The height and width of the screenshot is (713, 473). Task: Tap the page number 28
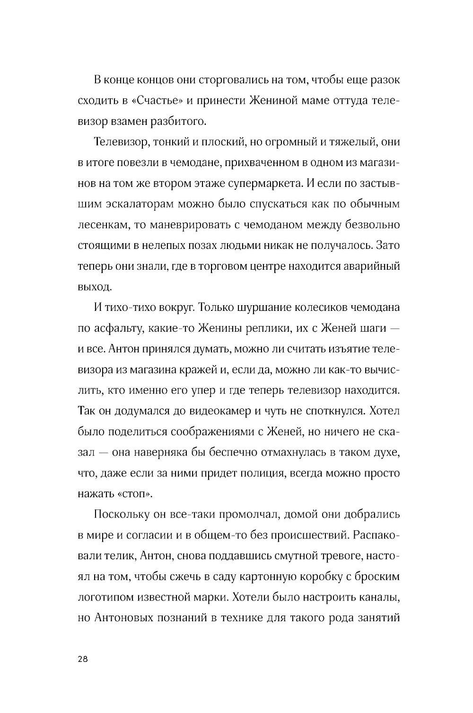pos(82,660)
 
